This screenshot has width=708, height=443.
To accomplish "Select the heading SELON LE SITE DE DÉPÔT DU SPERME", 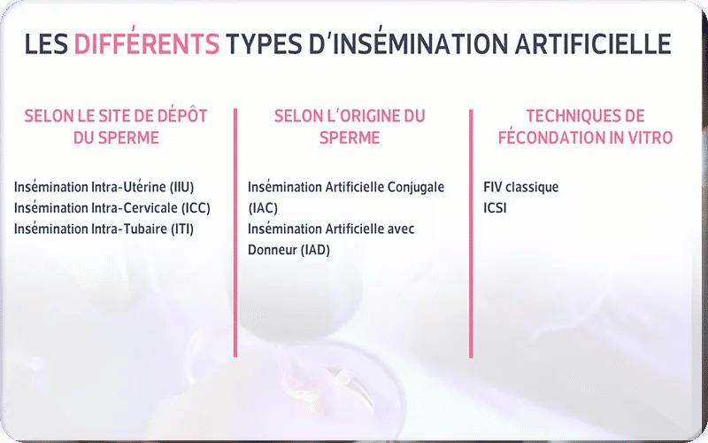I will (116, 127).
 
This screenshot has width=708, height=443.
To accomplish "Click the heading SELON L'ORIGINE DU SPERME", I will (350, 127).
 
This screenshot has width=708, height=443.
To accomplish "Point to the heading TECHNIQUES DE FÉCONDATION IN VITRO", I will (585, 127).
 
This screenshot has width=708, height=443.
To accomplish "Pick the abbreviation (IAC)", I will (263, 208).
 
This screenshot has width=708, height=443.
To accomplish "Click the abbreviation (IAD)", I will (314, 250).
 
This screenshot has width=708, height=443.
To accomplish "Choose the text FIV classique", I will (521, 188).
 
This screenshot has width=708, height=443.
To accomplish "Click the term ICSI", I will (496, 208).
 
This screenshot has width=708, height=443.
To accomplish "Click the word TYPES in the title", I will (265, 43).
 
